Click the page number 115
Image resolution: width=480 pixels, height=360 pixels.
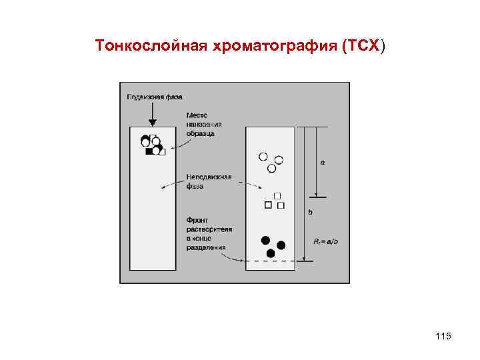pos(442,336)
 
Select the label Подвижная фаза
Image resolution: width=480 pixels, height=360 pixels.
pos(154,97)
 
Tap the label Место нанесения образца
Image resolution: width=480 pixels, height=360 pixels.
pos(203,124)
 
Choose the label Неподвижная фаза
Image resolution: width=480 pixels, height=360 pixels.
pos(208,181)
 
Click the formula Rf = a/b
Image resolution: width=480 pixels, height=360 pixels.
pos(327,241)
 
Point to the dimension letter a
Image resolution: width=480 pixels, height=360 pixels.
pos(323,162)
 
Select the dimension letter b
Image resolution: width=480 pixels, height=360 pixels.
pos(309,213)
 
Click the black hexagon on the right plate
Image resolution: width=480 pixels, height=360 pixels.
pos(270,253)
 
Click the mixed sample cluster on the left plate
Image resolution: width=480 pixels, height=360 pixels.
pos(153,145)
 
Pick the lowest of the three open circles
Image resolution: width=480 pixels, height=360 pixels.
pos(271,169)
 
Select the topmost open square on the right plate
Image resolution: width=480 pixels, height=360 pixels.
pos(279,195)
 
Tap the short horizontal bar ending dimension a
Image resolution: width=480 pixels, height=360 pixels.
pos(317,197)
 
